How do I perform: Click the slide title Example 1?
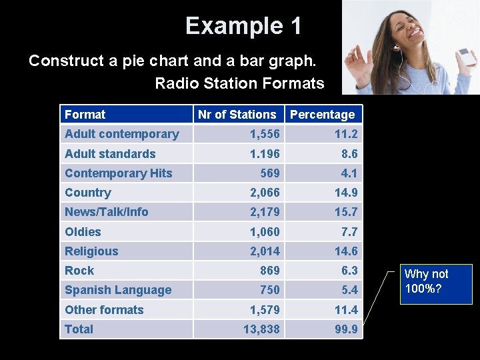pyautogui.click(x=243, y=26)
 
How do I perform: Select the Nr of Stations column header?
pyautogui.click(x=237, y=115)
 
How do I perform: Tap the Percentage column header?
pyautogui.click(x=322, y=115)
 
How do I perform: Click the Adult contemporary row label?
pyautogui.click(x=122, y=134)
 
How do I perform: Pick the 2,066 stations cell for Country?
pyautogui.click(x=265, y=193)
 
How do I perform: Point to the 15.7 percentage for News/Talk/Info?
pyautogui.click(x=345, y=212)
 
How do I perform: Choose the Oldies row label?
pyautogui.click(x=83, y=232)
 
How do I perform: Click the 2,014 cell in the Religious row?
pyautogui.click(x=265, y=251)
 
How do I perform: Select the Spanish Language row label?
pyautogui.click(x=118, y=290)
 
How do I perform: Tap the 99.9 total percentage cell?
pyautogui.click(x=345, y=329)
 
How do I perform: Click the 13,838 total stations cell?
pyautogui.click(x=261, y=329)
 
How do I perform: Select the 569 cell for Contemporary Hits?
pyautogui.click(x=270, y=173)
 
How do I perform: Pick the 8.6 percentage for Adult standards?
pyautogui.click(x=349, y=154)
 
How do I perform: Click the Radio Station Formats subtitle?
pyautogui.click(x=239, y=83)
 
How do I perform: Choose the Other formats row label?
pyautogui.click(x=104, y=310)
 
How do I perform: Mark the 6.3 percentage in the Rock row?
pyautogui.click(x=349, y=271)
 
